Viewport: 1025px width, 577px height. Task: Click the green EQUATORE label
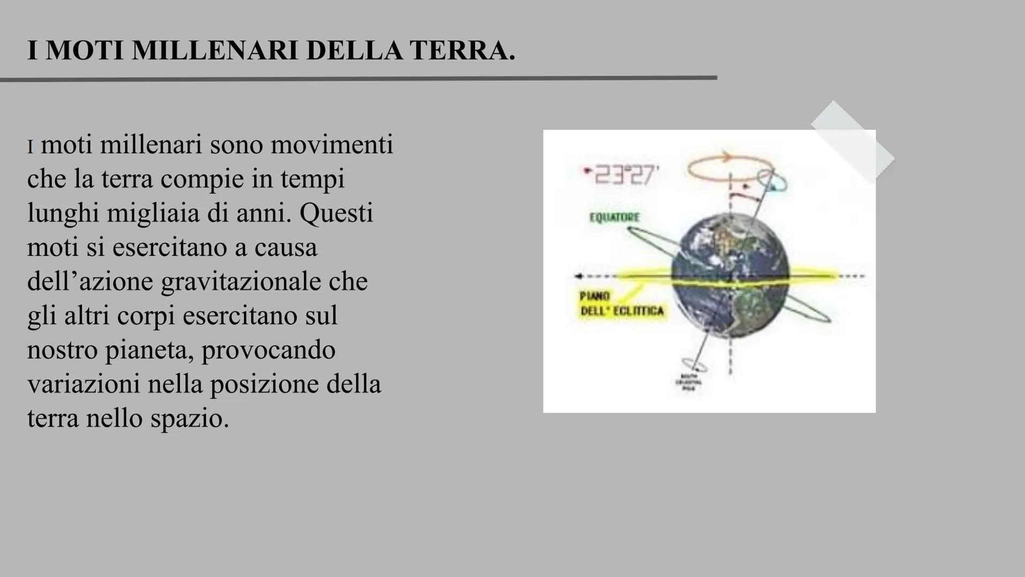614,217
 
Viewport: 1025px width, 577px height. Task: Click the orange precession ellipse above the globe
726,167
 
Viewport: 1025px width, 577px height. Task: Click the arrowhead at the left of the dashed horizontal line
578,276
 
